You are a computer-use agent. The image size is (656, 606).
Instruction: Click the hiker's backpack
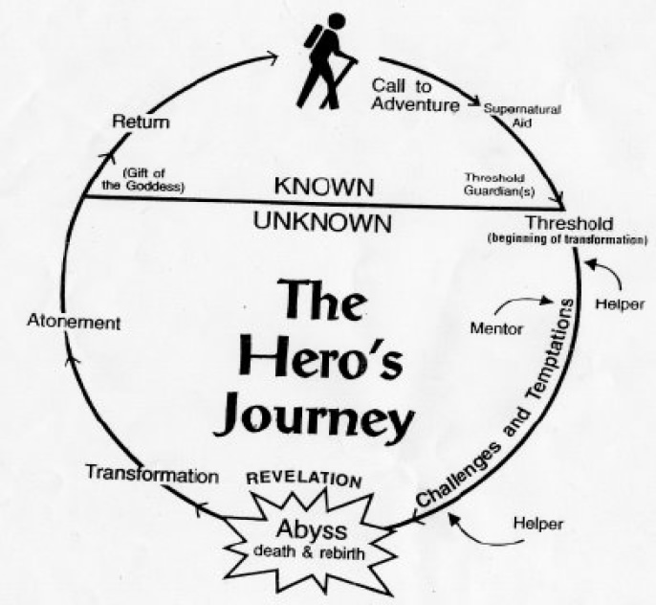314,36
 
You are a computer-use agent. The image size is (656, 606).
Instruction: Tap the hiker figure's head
337,21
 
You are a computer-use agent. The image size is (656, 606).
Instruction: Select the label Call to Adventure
415,95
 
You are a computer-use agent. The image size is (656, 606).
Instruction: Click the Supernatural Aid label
522,116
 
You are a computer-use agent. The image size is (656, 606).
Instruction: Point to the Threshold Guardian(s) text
499,184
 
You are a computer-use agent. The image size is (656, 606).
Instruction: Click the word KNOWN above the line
324,187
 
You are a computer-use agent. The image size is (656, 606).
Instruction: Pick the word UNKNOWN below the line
322,222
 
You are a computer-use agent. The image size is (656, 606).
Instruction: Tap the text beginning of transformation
568,240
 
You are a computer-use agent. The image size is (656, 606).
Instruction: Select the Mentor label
496,328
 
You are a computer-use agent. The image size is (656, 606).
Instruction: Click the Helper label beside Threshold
620,304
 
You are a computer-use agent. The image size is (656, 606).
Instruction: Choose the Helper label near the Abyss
538,524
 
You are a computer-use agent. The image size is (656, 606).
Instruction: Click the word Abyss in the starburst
312,530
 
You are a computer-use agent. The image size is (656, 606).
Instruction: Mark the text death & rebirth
309,552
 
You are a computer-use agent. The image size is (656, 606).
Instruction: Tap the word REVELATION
304,480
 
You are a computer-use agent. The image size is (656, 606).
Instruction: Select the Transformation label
152,475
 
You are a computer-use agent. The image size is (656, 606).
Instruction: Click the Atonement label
74,322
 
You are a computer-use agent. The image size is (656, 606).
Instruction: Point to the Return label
141,123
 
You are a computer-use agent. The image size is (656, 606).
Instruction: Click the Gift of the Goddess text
142,180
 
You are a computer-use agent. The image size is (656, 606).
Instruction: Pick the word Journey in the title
314,415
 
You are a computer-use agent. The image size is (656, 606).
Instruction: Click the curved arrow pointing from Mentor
523,300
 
